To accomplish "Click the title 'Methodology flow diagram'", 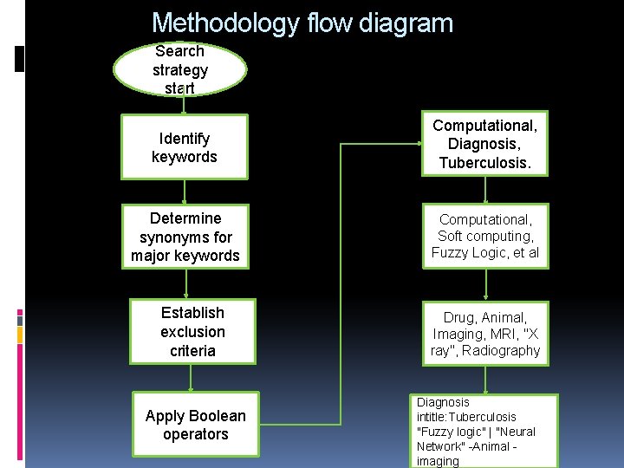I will (x=302, y=23).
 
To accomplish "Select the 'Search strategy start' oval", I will (x=180, y=69).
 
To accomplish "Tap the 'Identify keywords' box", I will (x=184, y=147).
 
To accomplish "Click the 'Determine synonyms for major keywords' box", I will (x=185, y=237).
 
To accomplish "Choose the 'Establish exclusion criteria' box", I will (x=192, y=332).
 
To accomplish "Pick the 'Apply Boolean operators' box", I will (x=196, y=425).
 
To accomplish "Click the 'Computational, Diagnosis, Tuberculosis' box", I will (x=485, y=145).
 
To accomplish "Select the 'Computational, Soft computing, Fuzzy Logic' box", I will (x=485, y=236).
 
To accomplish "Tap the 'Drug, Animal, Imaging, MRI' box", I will (x=485, y=332).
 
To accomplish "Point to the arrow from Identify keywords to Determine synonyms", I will (x=184, y=192).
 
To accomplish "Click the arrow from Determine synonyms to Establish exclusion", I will (x=187, y=284).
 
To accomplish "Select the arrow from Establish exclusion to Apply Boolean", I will (x=192, y=378).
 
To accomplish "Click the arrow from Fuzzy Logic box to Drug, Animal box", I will (x=485, y=284).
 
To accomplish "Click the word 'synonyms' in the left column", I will (x=185, y=237).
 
